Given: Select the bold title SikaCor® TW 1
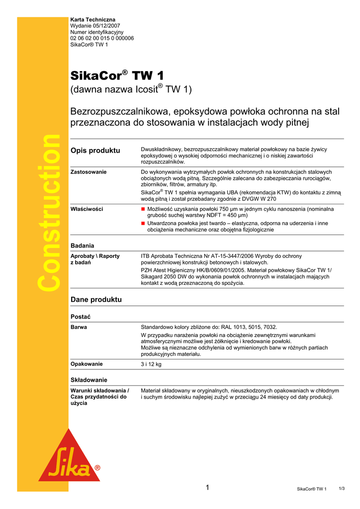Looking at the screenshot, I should point(117,76).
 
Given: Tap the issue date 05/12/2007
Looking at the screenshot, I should point(106,26).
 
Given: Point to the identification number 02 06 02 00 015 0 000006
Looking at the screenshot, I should point(102,38).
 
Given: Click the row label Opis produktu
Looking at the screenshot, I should point(95,150).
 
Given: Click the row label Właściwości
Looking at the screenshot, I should point(87,209).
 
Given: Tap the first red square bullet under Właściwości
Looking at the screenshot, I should point(143,209).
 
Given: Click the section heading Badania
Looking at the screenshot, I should point(83,246).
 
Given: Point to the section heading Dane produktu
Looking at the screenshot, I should point(96,300).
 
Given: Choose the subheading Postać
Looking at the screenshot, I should point(81,317).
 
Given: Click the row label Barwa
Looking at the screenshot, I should point(79,327).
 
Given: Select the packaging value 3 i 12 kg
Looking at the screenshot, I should point(151,364).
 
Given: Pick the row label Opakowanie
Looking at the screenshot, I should point(87,364).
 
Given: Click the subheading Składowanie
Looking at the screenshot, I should point(89,380).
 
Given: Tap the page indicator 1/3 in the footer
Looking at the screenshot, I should point(342,489).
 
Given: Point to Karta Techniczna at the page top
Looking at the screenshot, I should point(92,19).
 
